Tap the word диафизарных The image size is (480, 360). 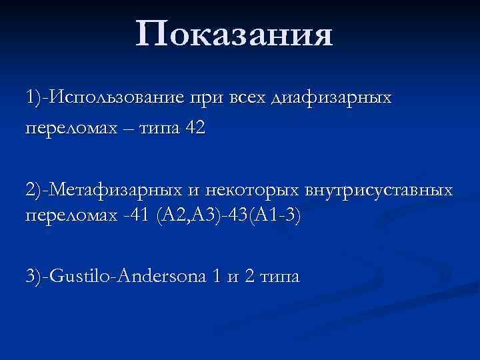[x=331, y=97]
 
